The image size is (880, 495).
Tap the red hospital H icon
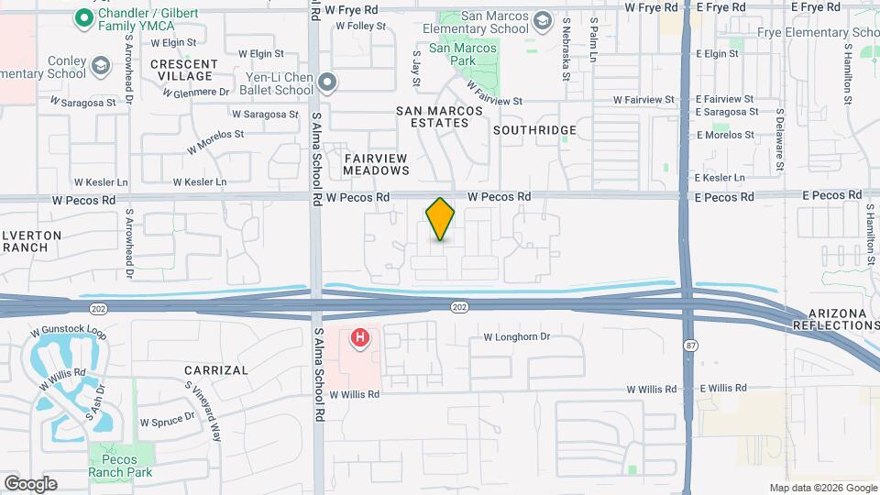360,338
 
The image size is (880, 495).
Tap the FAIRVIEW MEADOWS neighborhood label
376,164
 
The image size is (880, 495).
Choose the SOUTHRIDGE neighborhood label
534,130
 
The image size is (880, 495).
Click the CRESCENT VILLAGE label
181,70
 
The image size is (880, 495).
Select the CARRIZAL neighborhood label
215,370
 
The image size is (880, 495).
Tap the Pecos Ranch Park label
114,466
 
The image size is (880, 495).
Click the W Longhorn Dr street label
517,337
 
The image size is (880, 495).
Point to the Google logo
30,484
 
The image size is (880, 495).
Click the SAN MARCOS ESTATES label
439,116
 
